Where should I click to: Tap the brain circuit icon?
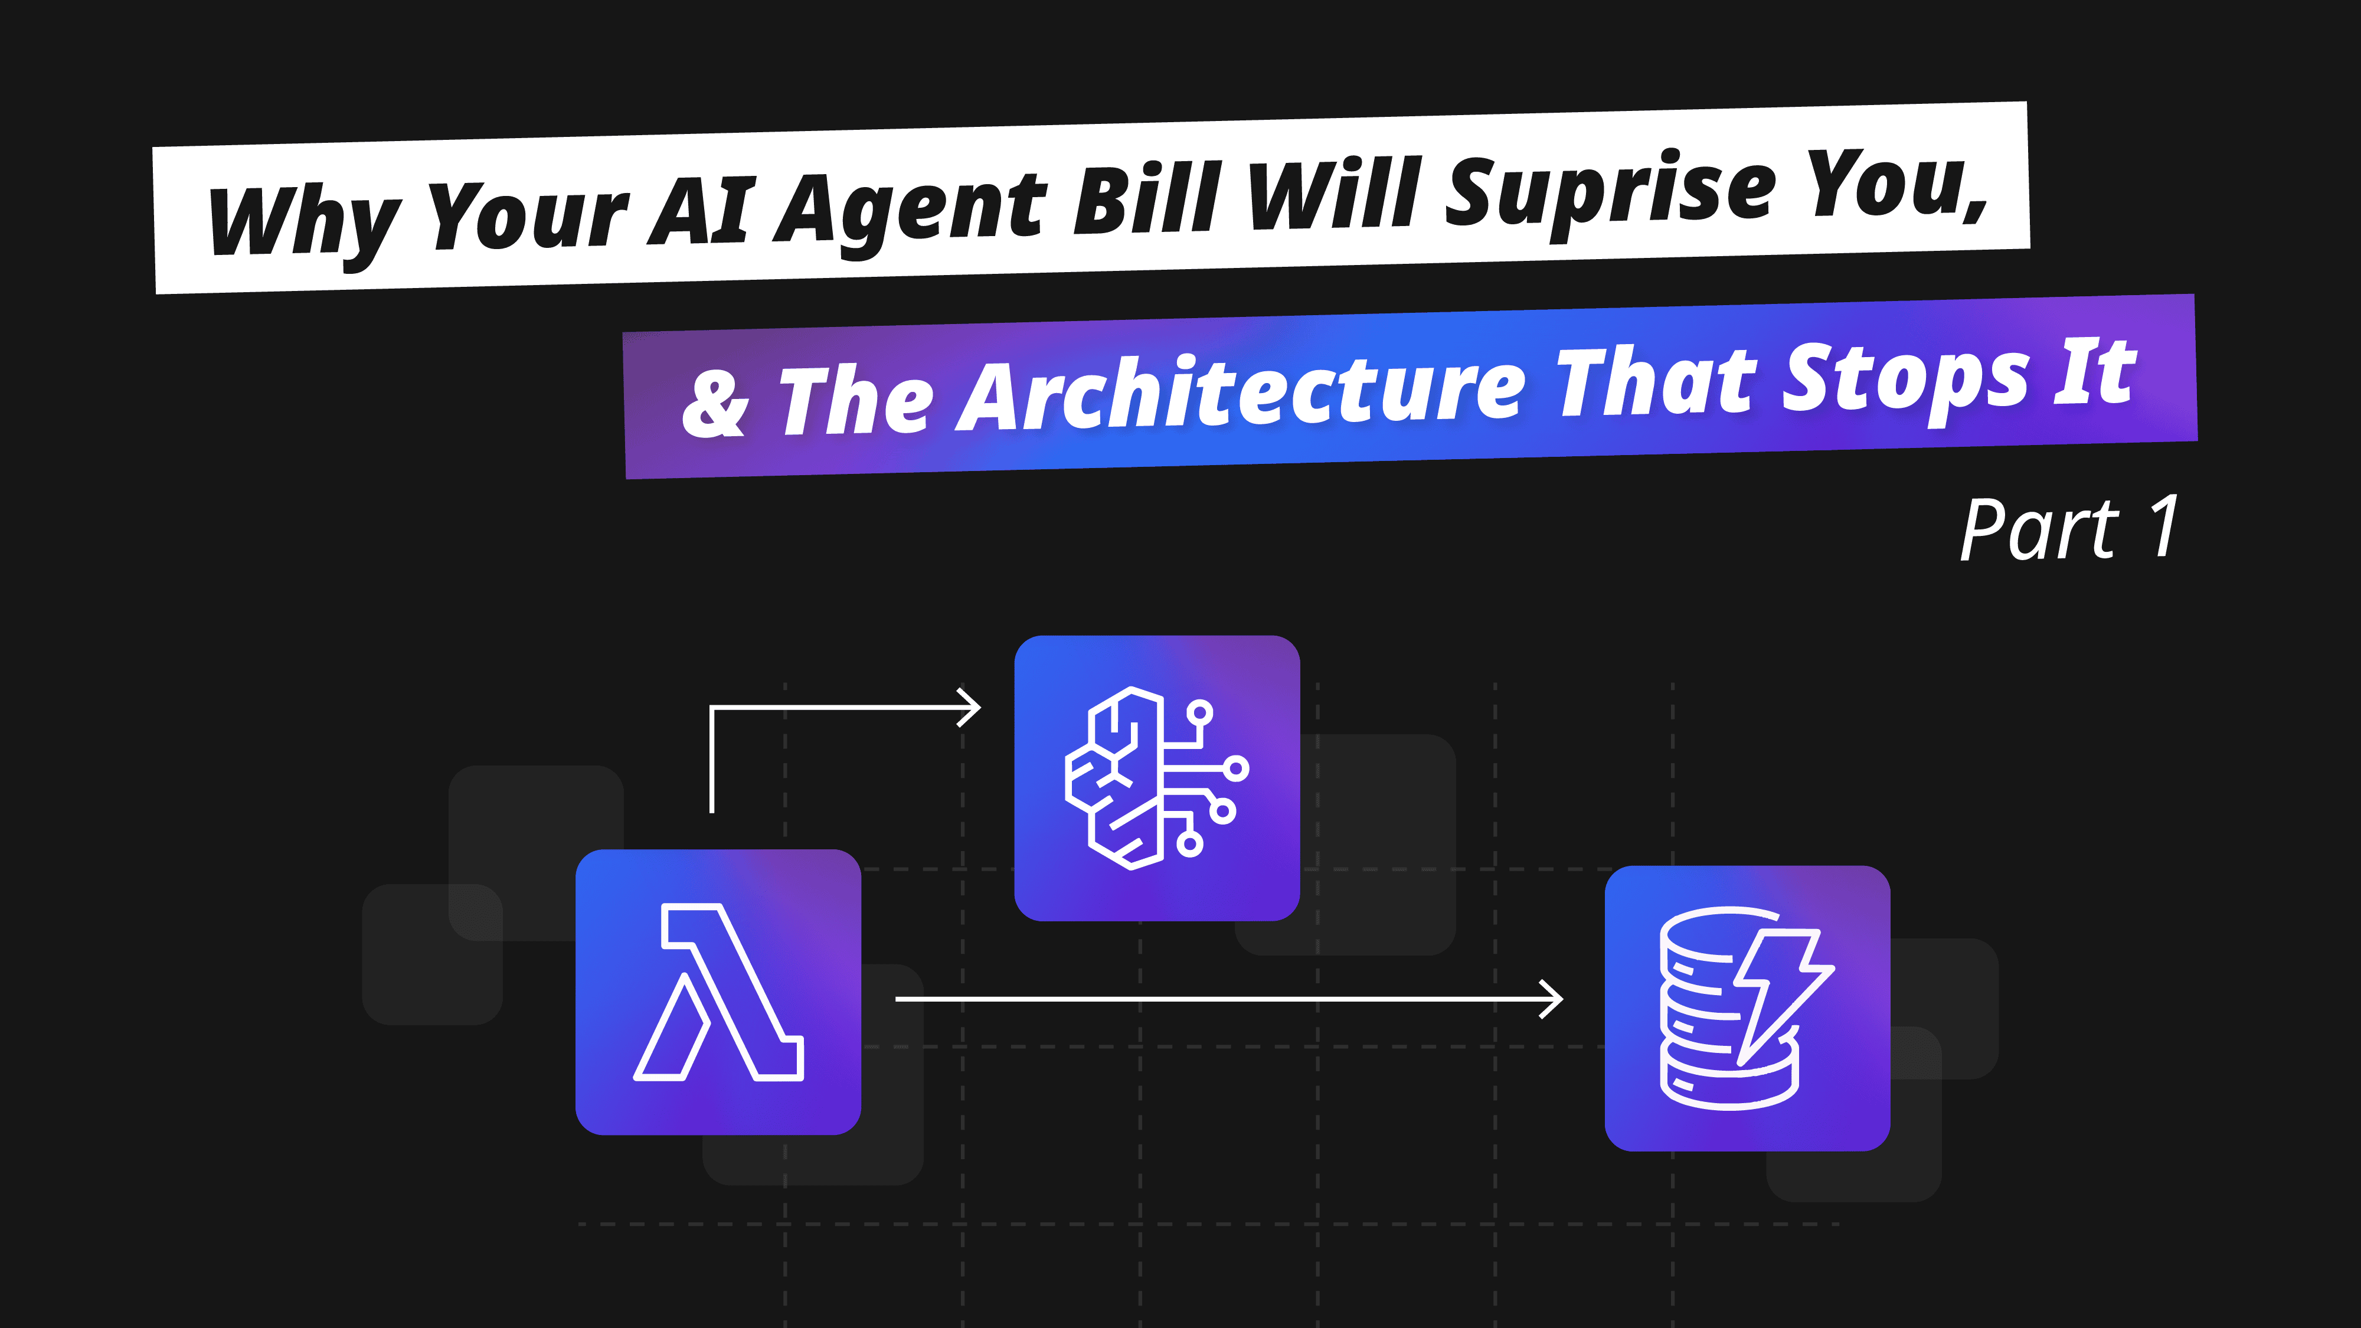coord(1157,778)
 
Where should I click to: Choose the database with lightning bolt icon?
coord(1747,1008)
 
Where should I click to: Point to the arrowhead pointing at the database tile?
coord(1552,999)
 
